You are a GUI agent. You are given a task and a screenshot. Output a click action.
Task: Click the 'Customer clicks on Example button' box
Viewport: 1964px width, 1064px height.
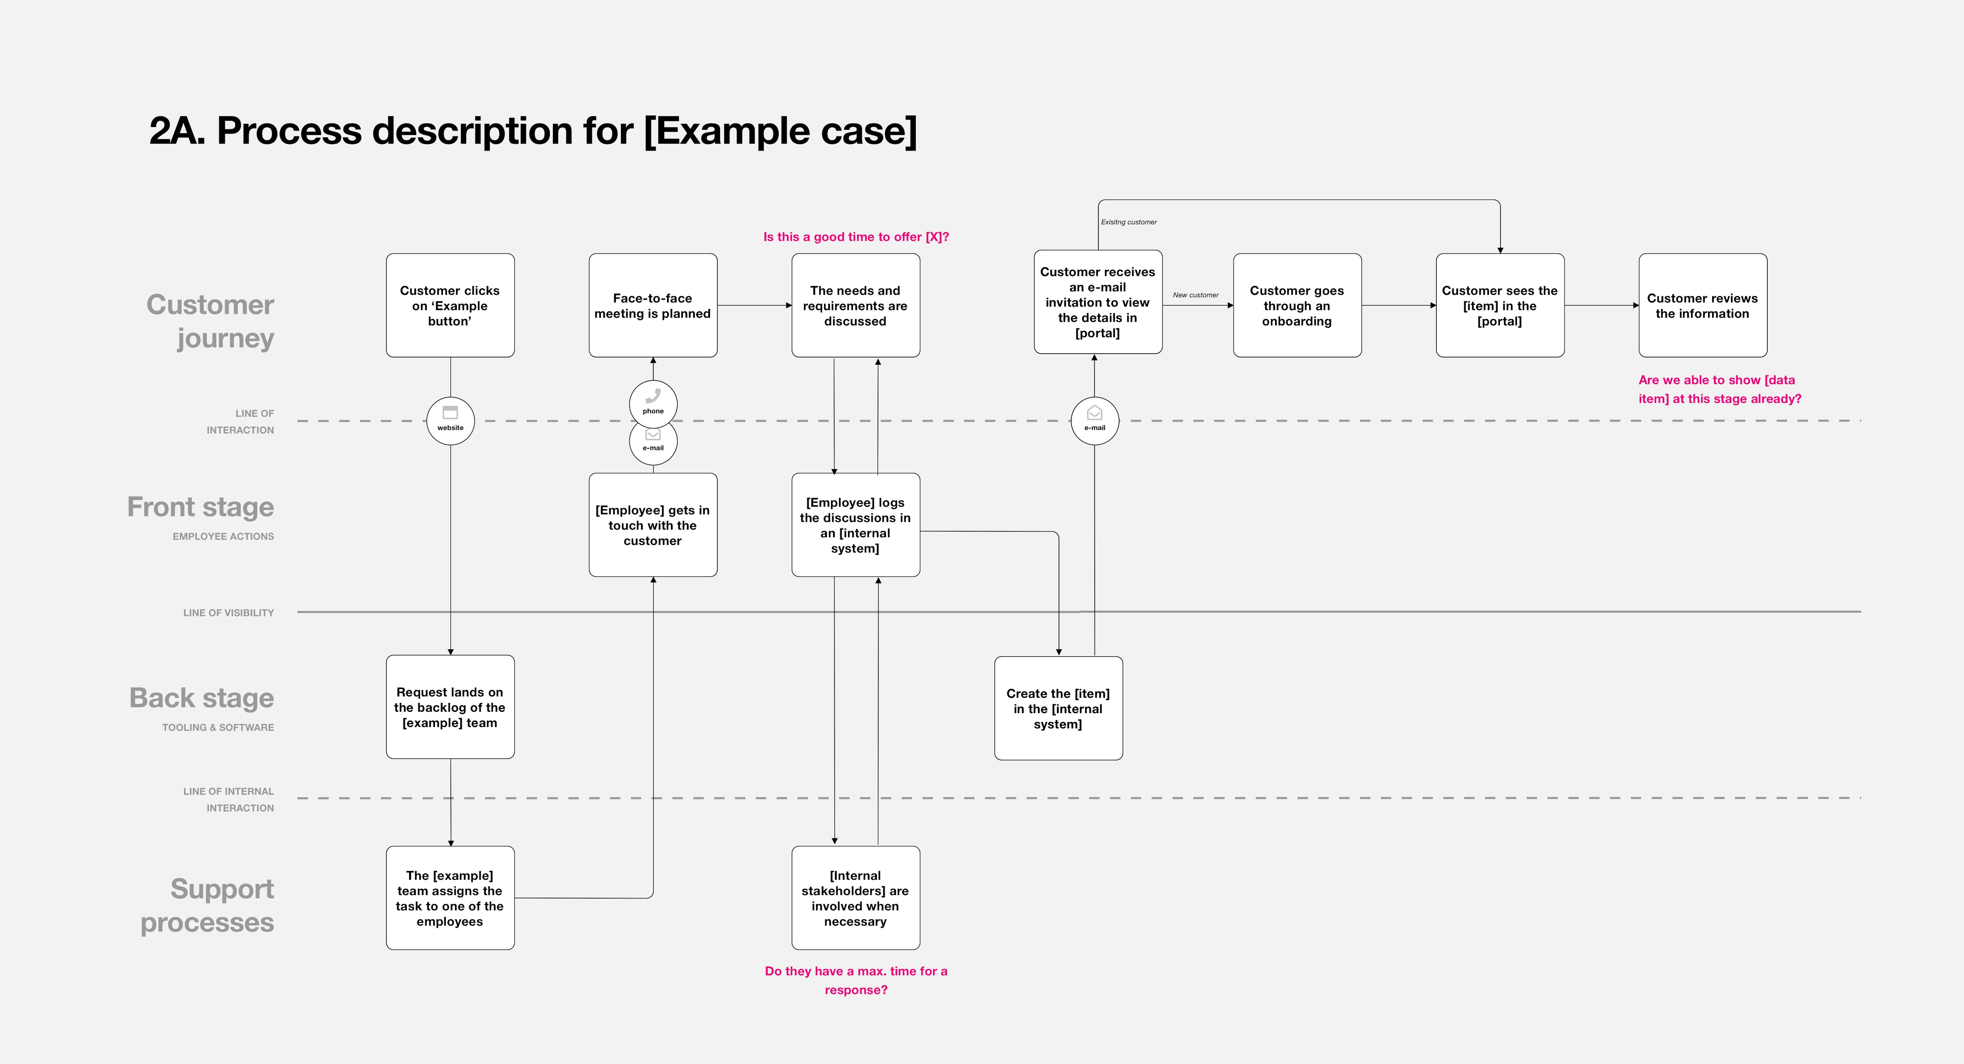[x=450, y=305]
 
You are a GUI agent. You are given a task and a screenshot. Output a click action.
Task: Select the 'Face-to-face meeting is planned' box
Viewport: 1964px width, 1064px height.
[x=652, y=305]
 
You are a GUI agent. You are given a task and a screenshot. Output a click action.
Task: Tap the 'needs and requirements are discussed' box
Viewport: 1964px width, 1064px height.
[x=855, y=305]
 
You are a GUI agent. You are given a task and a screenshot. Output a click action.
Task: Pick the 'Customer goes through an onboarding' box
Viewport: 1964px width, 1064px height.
[x=1297, y=305]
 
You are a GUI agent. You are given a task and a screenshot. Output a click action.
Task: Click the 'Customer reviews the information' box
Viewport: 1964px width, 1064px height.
[x=1702, y=305]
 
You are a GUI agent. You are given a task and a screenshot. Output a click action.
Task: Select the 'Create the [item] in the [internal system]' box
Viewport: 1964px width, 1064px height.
[x=1058, y=708]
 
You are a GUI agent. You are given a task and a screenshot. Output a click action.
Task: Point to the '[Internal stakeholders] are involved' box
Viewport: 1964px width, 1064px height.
[x=855, y=898]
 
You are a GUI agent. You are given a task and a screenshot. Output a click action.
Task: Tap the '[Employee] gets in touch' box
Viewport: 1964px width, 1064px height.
[x=652, y=525]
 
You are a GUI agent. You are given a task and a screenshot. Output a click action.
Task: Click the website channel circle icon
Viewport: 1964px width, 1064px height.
[x=450, y=420]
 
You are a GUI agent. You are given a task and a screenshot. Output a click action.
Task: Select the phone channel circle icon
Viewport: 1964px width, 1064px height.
[x=652, y=404]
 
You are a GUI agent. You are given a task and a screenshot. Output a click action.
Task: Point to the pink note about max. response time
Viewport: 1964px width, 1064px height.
[x=855, y=980]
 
